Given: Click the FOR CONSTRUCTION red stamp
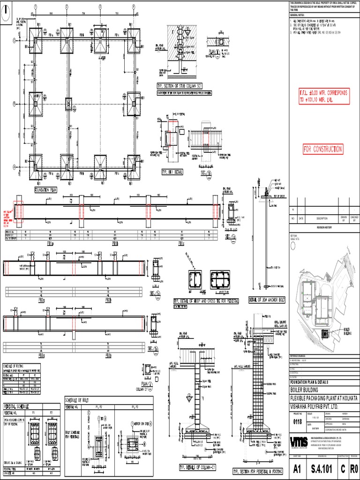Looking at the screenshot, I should pyautogui.click(x=322, y=150).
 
